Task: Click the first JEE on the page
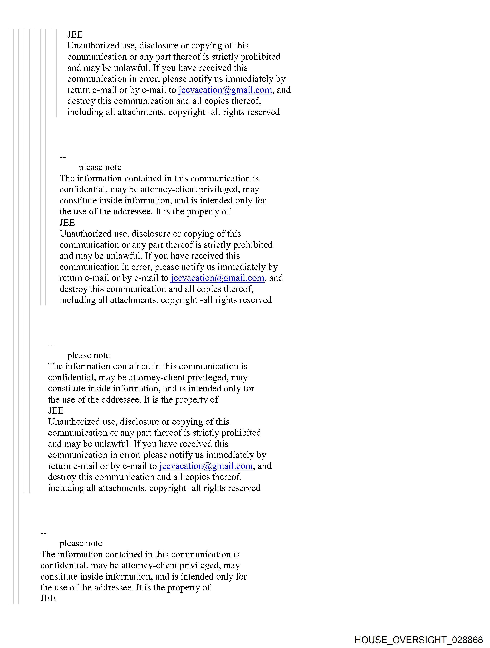(75, 35)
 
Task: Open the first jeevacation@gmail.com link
(225, 90)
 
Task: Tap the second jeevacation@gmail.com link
(218, 278)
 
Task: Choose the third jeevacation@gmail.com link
(206, 466)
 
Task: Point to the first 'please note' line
(100, 167)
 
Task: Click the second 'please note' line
(88, 355)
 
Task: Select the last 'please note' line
(81, 543)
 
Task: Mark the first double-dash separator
(63, 157)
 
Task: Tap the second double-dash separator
(51, 345)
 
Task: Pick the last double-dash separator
(43, 533)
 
